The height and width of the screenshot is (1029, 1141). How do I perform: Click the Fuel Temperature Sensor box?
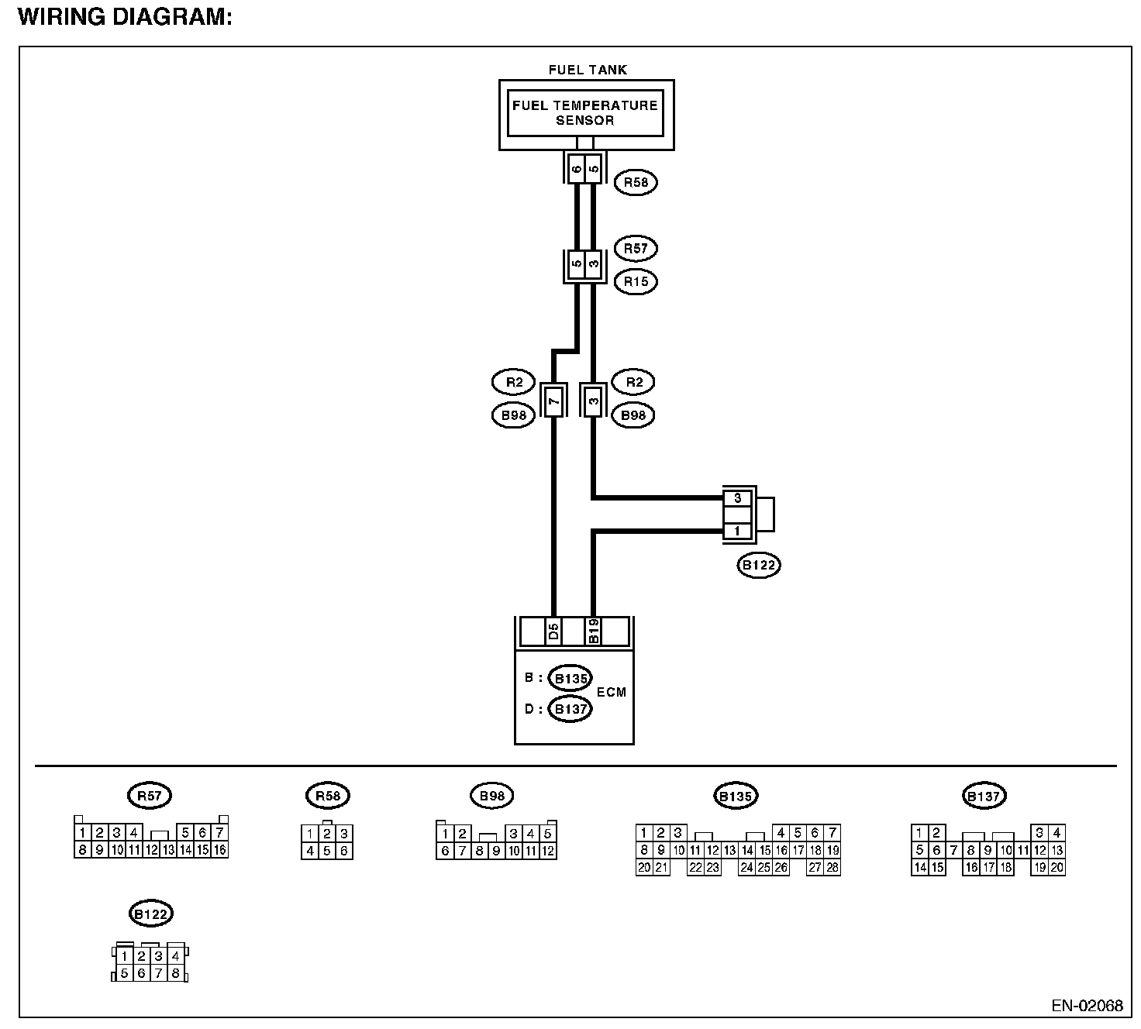585,113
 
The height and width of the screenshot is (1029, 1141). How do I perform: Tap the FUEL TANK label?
588,70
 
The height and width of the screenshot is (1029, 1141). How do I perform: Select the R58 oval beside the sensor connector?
636,183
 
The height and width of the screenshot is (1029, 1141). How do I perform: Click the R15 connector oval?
636,281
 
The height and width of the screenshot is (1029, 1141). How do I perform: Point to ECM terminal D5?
553,632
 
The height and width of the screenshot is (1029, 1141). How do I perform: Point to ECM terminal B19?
594,632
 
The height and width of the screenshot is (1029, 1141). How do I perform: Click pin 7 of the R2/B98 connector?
553,401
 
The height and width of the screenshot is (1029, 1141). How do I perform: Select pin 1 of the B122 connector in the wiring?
737,532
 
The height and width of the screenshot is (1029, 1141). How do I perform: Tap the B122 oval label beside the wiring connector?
759,566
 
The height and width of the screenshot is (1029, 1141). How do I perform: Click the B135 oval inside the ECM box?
570,678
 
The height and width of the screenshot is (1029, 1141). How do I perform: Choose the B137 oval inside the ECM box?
570,708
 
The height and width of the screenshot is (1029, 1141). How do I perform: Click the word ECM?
612,692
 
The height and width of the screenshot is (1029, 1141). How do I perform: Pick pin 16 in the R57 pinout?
220,850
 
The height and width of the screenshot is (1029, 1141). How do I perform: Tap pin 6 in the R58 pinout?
344,851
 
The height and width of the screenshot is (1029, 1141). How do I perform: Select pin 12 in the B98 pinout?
548,852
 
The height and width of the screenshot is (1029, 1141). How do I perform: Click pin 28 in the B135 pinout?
832,868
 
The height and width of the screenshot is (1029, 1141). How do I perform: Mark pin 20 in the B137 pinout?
1057,868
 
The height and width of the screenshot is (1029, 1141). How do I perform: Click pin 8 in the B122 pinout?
175,973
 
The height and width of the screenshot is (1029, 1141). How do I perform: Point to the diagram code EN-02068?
1087,1006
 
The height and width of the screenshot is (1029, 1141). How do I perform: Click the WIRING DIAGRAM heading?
125,17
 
